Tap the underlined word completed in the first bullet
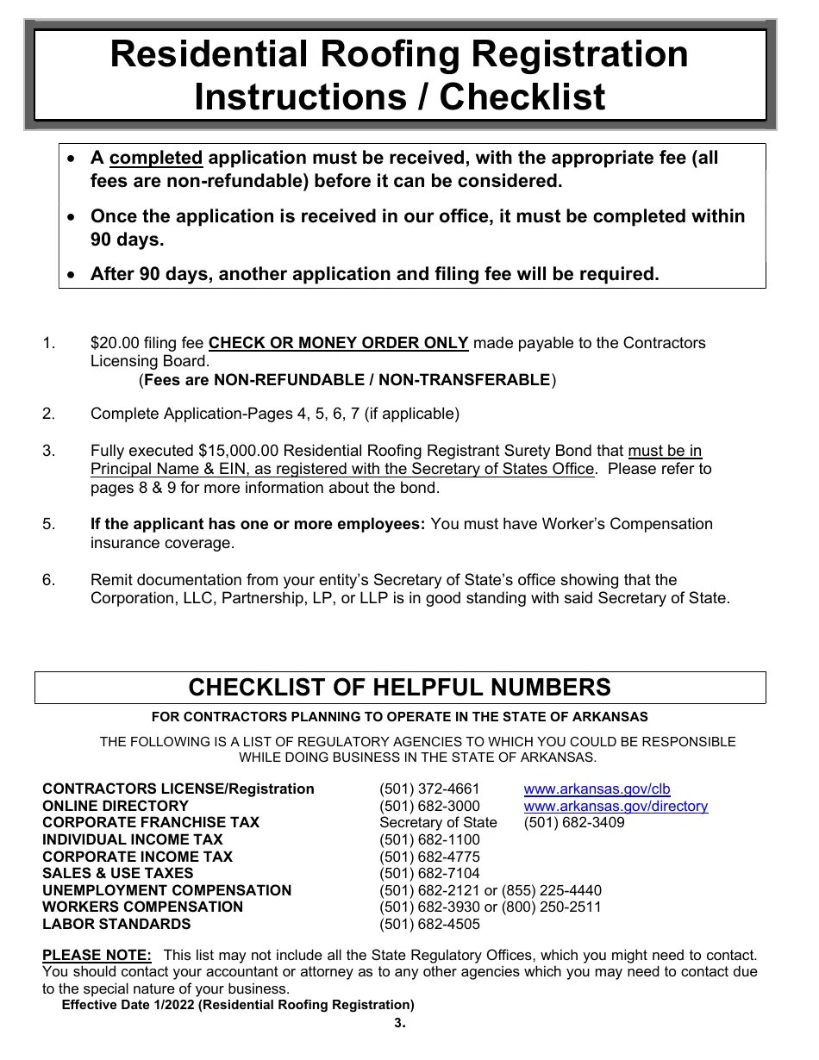pyautogui.click(x=156, y=158)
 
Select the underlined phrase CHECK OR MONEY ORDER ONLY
pyautogui.click(x=339, y=343)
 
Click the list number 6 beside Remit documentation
pyautogui.click(x=48, y=580)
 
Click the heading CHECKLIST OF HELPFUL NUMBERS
pyautogui.click(x=399, y=688)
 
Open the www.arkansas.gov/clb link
pyautogui.click(x=597, y=789)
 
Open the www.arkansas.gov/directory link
pyautogui.click(x=616, y=807)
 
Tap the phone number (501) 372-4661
pyautogui.click(x=429, y=789)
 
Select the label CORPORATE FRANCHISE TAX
pyautogui.click(x=151, y=823)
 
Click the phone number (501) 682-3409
pyautogui.click(x=574, y=823)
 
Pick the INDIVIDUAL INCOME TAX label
pyautogui.click(x=133, y=839)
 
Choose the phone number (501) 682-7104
pyautogui.click(x=429, y=873)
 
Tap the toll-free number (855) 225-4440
pyautogui.click(x=552, y=890)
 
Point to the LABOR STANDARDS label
pyautogui.click(x=116, y=924)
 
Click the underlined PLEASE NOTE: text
pyautogui.click(x=97, y=955)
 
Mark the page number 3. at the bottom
pyautogui.click(x=399, y=1024)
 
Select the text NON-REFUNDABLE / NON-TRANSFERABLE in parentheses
pyautogui.click(x=381, y=380)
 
